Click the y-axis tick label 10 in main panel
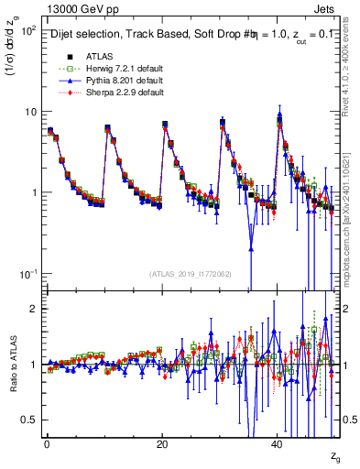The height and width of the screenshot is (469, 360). pyautogui.click(x=30, y=112)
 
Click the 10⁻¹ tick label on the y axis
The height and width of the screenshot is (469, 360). pyautogui.click(x=27, y=274)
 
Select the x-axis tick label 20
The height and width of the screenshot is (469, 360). pyautogui.click(x=162, y=442)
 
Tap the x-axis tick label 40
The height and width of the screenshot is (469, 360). pyautogui.click(x=278, y=442)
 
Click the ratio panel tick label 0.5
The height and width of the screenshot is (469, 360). pyautogui.click(x=30, y=420)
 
